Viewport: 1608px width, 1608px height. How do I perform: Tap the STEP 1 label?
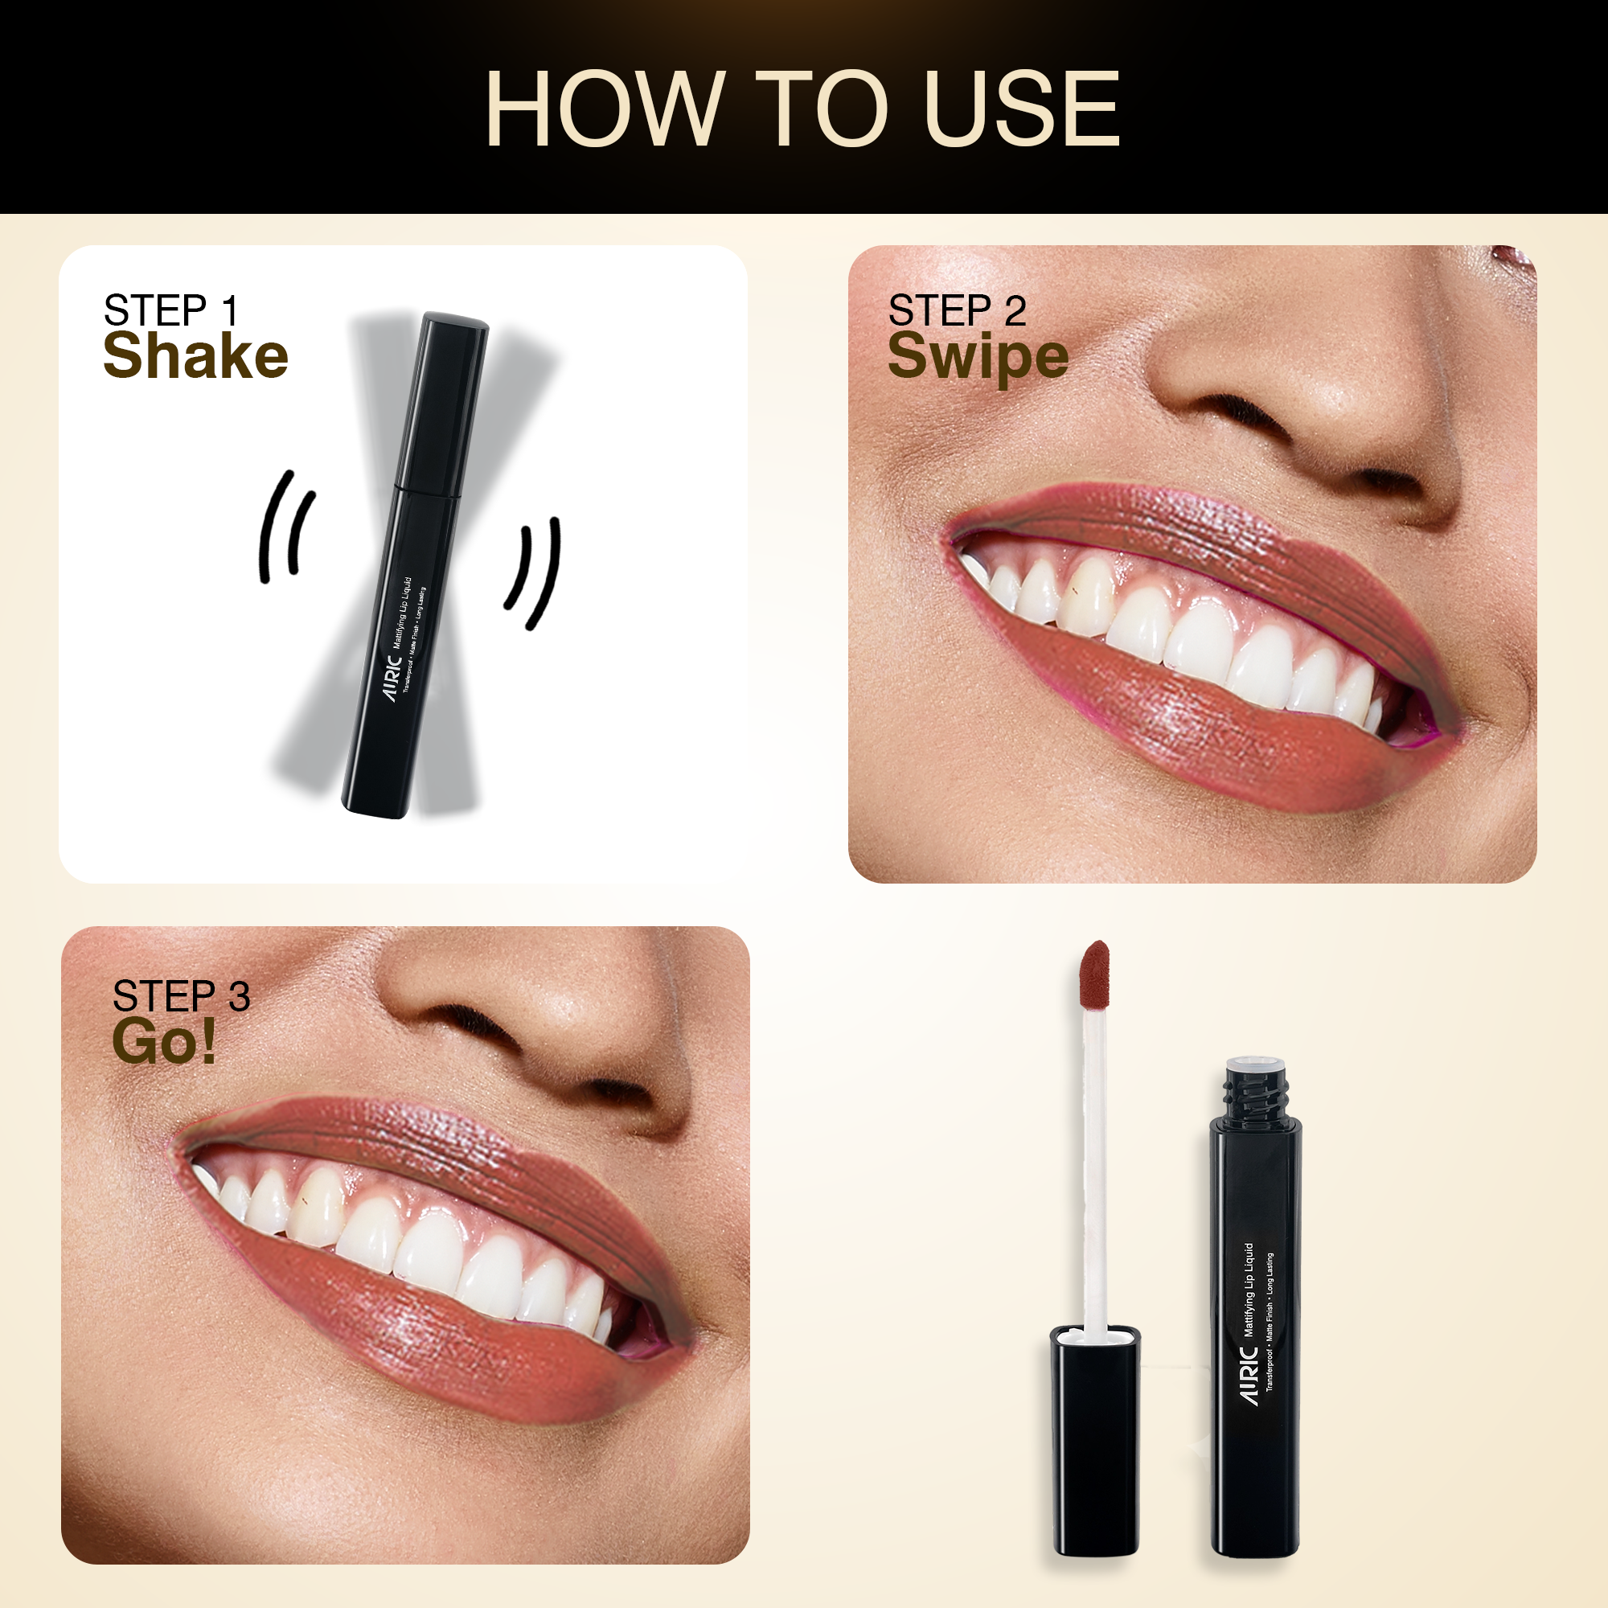click(x=171, y=310)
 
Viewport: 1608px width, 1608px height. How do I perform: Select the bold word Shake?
click(x=195, y=355)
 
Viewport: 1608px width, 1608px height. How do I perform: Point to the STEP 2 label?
click(x=957, y=310)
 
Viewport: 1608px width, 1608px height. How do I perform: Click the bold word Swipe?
click(x=978, y=358)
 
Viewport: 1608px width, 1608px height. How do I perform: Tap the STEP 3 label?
click(x=182, y=996)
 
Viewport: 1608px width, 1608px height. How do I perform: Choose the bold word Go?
click(x=164, y=1040)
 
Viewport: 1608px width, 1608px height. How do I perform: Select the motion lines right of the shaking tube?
click(x=533, y=572)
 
